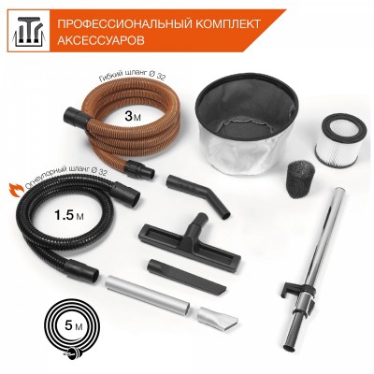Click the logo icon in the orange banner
pos(26,30)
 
